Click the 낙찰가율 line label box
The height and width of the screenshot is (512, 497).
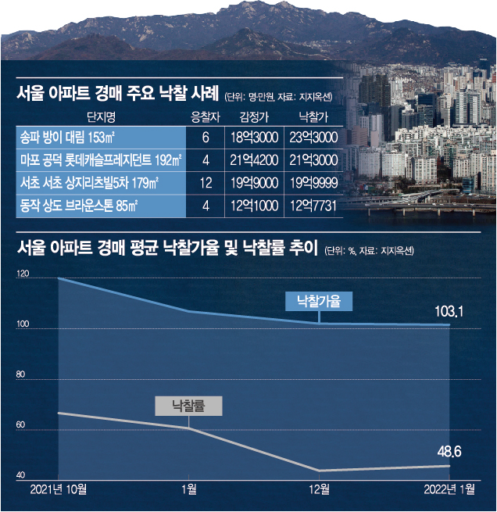[319, 301]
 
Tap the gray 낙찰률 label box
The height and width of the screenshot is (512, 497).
[188, 406]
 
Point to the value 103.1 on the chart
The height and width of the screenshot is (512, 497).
[449, 312]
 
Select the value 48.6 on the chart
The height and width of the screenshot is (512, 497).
[449, 452]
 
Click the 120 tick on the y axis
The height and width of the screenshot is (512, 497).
[23, 274]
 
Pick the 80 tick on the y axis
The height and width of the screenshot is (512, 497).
[20, 374]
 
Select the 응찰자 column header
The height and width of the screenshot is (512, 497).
[206, 117]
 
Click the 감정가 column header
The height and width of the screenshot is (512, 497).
[254, 117]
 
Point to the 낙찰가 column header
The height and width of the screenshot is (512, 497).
[313, 117]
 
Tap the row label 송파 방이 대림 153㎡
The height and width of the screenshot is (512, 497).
[67, 138]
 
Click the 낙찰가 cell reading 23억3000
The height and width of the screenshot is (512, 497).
[313, 138]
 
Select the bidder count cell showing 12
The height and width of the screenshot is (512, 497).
[206, 183]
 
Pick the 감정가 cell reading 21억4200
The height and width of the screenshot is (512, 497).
[254, 160]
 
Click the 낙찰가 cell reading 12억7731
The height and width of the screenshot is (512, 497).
[313, 206]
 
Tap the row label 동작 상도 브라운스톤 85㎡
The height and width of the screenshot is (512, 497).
[79, 206]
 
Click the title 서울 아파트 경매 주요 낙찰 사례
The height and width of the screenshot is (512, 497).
[117, 94]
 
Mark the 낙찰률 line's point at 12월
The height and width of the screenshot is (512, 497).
[319, 471]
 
